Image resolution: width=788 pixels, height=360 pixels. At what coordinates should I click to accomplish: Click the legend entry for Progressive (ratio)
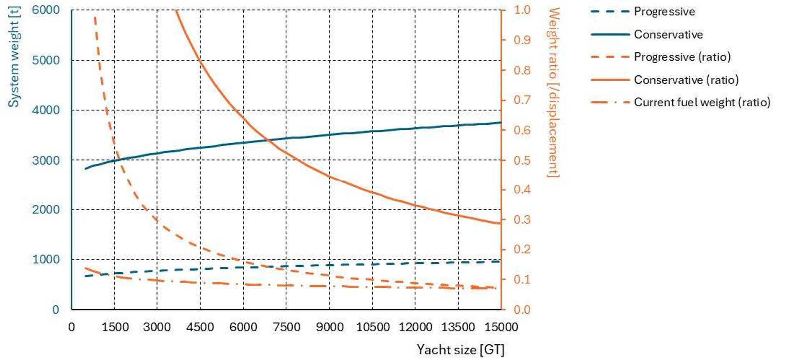pos(682,57)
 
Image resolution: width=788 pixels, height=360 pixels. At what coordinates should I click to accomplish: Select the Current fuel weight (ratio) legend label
pos(701,102)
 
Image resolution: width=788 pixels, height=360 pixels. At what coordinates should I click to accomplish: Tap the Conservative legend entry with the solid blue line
pos(668,34)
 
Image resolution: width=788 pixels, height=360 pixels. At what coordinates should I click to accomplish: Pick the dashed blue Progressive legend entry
pos(664,11)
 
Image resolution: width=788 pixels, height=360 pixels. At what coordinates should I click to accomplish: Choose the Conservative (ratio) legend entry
pos(686,80)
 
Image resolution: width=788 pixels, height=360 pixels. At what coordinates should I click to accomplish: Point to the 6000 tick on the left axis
pos(46,10)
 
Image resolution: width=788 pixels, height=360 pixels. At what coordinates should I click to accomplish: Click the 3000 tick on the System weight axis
pos(46,160)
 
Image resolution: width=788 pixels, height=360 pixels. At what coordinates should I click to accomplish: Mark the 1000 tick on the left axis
pos(46,259)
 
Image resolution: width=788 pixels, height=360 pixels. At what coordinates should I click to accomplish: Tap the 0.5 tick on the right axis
pos(522,160)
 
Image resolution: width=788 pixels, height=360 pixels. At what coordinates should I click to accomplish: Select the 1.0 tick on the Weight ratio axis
pos(522,10)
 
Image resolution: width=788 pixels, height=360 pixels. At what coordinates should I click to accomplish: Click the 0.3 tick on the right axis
pos(522,220)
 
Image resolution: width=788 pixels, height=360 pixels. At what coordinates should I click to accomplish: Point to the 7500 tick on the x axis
pos(286,327)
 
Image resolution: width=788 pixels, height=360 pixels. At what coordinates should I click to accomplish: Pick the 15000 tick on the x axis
pos(501,327)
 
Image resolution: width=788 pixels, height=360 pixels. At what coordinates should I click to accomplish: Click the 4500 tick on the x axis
pos(200,327)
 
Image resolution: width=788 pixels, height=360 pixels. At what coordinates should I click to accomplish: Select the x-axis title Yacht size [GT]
pos(460,350)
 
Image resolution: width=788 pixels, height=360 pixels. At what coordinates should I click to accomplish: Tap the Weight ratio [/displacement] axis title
pos(554,93)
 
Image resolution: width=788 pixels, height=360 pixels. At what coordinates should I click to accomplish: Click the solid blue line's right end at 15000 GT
pos(501,122)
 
